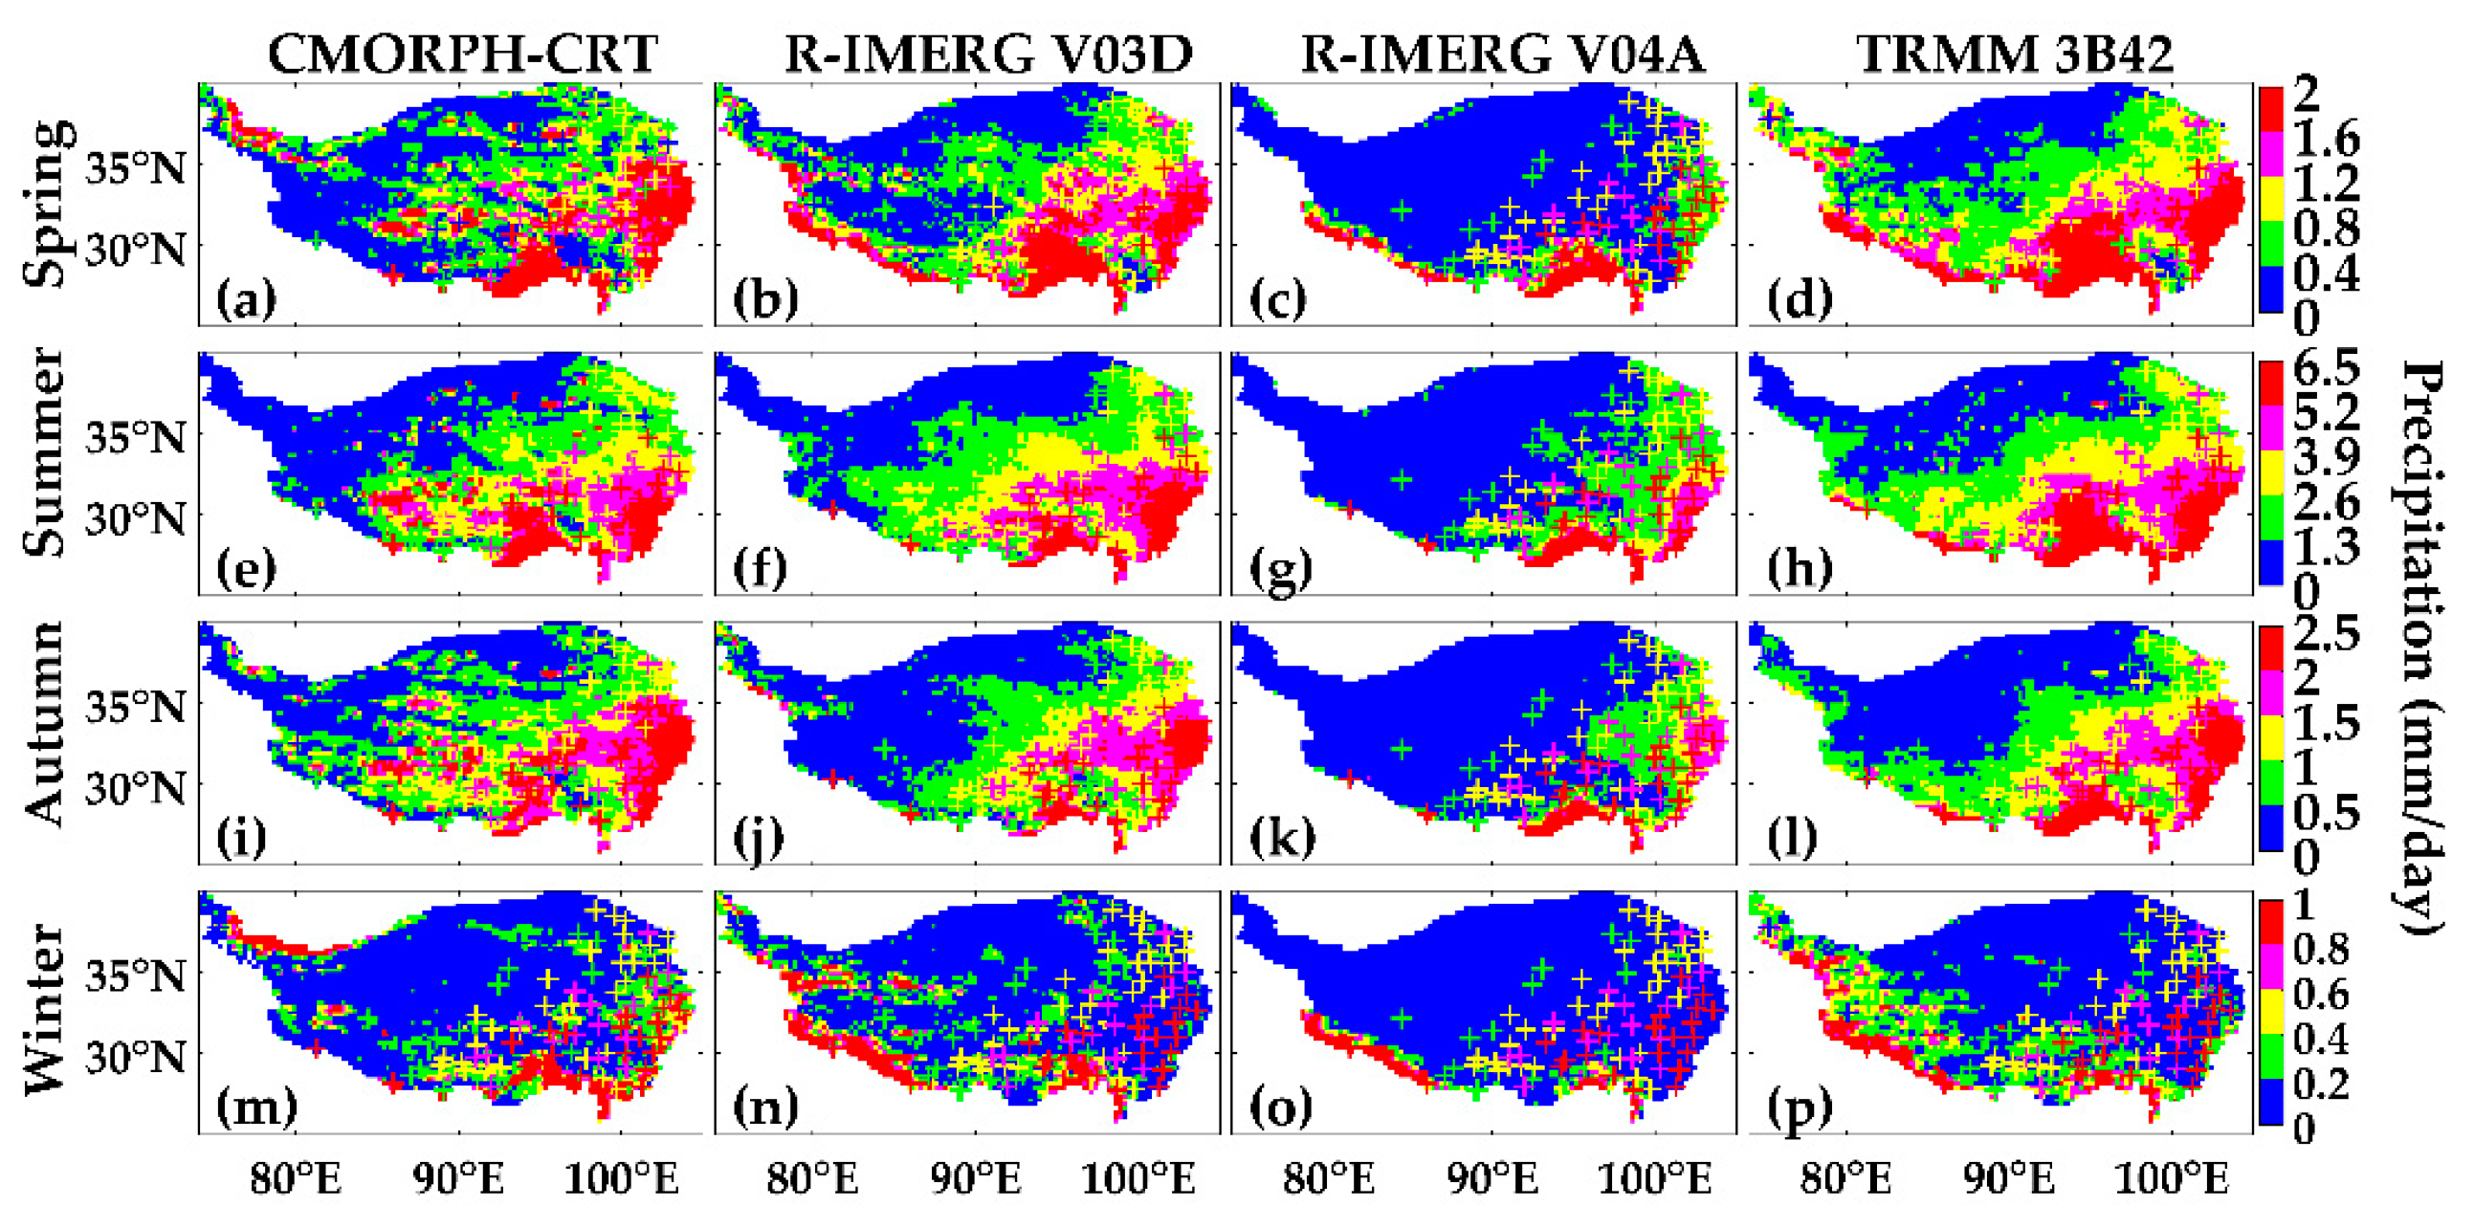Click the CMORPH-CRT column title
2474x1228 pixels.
coord(462,53)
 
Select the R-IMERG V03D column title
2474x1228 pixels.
coord(988,53)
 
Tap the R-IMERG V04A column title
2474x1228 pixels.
coord(1502,53)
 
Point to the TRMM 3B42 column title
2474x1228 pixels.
coord(2014,53)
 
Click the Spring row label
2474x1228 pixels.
coord(48,204)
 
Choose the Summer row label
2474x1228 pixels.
coord(46,452)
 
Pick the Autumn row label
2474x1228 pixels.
coord(46,723)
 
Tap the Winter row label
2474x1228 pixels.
coord(46,1008)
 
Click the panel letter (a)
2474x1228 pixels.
coord(246,300)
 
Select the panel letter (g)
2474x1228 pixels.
coord(1279,570)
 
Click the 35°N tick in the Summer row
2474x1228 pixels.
coord(136,438)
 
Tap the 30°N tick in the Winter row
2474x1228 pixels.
coord(136,1057)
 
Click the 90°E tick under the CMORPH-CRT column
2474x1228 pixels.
coord(458,1178)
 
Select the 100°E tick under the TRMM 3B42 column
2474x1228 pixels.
coord(2172,1178)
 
